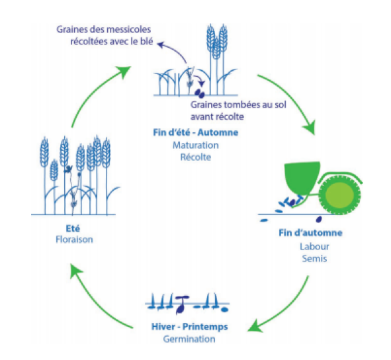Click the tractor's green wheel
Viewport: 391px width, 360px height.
pos(339,194)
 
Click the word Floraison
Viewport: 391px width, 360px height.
pos(74,240)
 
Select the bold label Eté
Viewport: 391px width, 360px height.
pos(73,228)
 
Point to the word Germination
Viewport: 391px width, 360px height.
pos(189,339)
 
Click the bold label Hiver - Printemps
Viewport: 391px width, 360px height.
pos(189,326)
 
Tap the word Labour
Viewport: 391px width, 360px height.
pos(314,246)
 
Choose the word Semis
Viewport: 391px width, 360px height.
pos(314,259)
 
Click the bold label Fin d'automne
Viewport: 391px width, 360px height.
pos(310,233)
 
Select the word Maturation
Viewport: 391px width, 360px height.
pos(196,145)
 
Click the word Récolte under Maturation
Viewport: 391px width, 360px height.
pos(196,157)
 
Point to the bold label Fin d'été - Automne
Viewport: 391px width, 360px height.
pos(196,132)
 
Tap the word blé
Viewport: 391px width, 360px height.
pos(147,41)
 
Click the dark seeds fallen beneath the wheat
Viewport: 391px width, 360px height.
pos(200,93)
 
